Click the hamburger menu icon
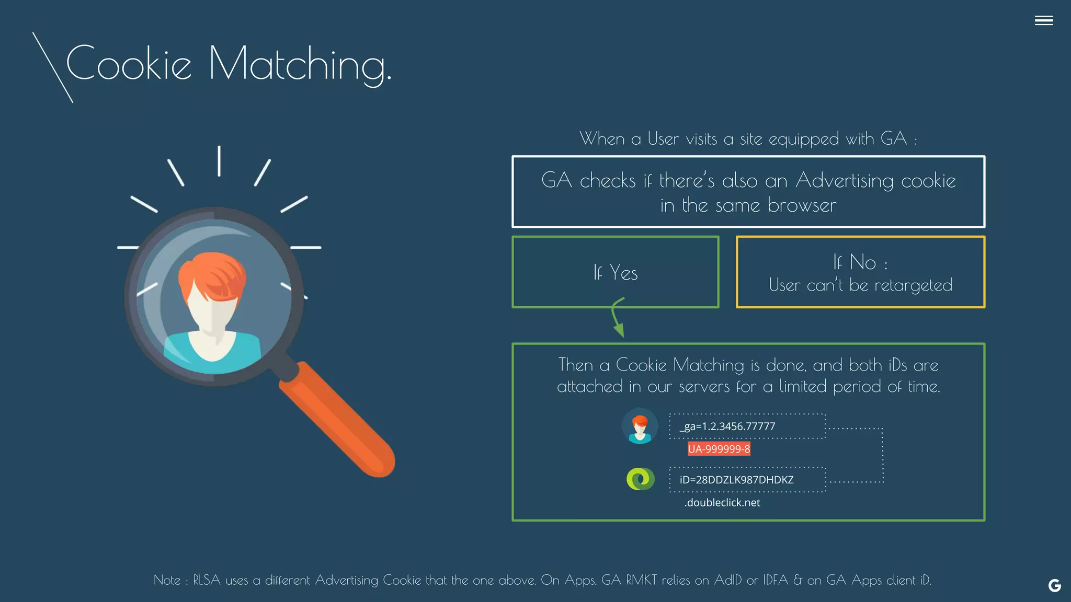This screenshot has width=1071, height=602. tap(1043, 20)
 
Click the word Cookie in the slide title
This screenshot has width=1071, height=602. tap(129, 64)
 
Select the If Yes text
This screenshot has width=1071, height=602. tap(616, 273)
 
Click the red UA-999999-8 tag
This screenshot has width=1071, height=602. tap(719, 449)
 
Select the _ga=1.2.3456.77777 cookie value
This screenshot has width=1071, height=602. tap(727, 426)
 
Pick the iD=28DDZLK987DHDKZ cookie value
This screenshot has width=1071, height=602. tap(736, 480)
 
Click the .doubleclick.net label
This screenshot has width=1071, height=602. tap(722, 503)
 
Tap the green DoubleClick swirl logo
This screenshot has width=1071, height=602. tap(640, 479)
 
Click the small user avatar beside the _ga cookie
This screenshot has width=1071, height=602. tap(640, 426)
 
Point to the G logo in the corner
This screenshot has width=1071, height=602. tap(1054, 586)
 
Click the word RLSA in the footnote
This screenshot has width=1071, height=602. tap(207, 580)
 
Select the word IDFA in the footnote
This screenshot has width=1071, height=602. tap(775, 580)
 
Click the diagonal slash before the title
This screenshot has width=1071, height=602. tap(52, 67)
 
